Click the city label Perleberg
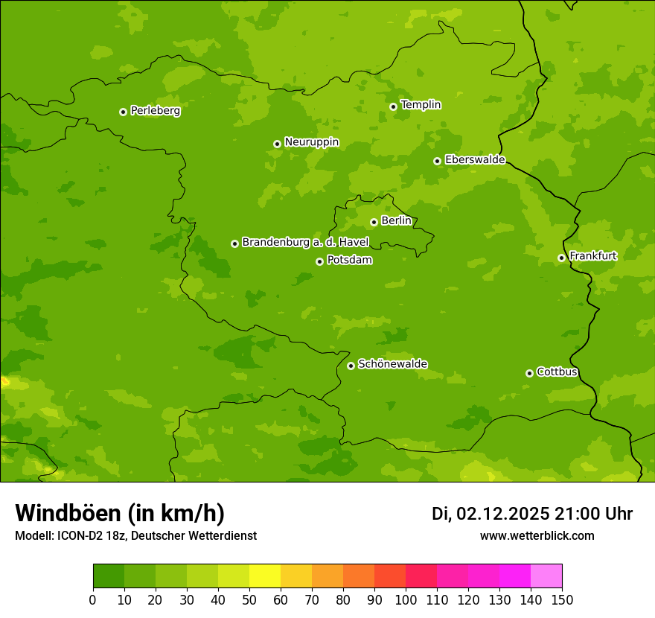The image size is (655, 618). [x=155, y=111]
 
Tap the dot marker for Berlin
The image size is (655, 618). [x=374, y=222]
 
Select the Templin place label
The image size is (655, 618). [x=421, y=105]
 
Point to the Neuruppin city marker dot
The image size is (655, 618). [x=277, y=144]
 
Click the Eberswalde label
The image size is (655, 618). [x=475, y=160]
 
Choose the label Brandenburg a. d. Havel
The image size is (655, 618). [x=305, y=243]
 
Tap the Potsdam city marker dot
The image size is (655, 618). [x=319, y=261]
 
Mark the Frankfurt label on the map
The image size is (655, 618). [x=592, y=256]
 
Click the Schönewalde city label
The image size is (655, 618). [x=392, y=364]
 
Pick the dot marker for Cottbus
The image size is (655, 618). [x=529, y=373]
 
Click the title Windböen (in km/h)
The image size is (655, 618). [x=119, y=513]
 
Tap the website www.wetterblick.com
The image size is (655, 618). [x=537, y=535]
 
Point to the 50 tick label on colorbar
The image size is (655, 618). [x=249, y=600]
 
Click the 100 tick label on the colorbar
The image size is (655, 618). [x=406, y=600]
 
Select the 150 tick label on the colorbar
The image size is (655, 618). [x=562, y=600]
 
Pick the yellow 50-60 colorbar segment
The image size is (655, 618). [x=265, y=576]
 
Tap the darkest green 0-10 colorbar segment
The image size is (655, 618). [x=109, y=576]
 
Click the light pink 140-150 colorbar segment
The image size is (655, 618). [x=546, y=576]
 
